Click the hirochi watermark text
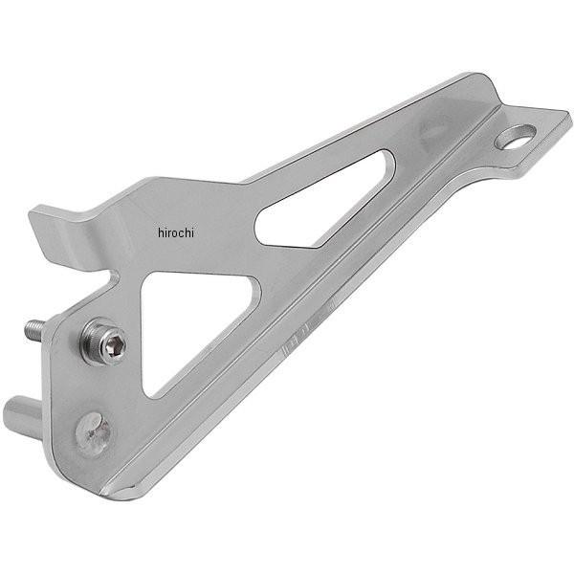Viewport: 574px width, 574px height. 176,232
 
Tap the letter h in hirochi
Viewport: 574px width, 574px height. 161,232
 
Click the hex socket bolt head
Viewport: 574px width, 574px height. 104,342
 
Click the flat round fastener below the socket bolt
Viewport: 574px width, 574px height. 93,434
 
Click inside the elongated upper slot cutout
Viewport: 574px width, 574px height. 322,205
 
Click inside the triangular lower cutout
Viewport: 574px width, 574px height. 190,322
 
